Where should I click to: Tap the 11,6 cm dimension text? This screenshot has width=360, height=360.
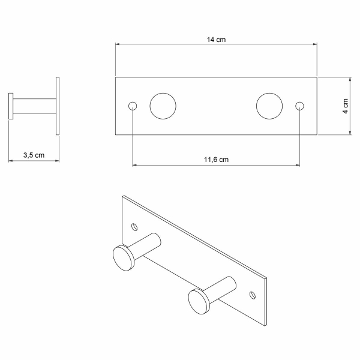[x=216, y=160]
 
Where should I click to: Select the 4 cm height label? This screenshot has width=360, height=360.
[x=346, y=106]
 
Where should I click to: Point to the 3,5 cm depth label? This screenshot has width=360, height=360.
[x=34, y=155]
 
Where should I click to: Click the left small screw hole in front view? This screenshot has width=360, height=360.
[x=133, y=106]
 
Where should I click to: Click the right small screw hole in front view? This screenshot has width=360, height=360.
[x=299, y=106]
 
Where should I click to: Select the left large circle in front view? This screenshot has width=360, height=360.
[x=163, y=106]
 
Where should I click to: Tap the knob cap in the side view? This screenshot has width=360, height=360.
[x=11, y=106]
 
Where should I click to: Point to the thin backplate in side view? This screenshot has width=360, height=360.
[x=58, y=106]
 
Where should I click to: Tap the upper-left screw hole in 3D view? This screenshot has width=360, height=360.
[x=134, y=227]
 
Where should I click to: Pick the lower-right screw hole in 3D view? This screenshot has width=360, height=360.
[x=252, y=294]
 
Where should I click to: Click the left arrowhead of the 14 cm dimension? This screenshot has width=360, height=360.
[x=118, y=44]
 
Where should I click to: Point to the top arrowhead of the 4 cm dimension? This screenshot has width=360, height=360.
[x=350, y=79]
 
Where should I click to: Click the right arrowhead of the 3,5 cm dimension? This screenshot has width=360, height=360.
[x=56, y=160]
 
